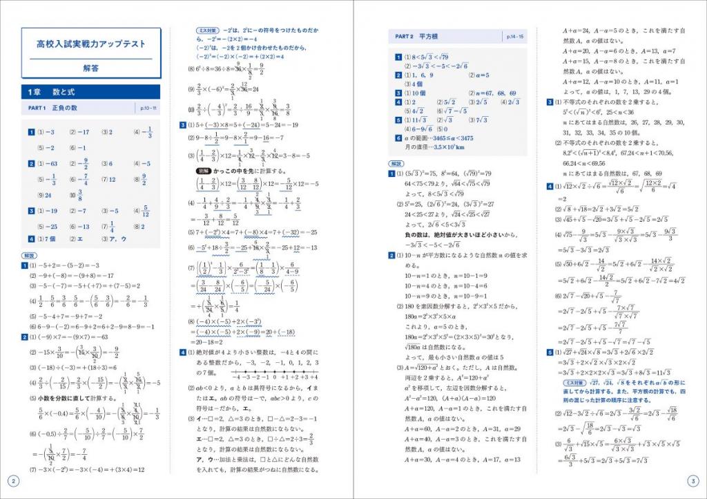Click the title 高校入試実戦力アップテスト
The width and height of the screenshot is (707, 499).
click(91, 44)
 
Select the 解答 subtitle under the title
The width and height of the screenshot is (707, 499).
click(91, 68)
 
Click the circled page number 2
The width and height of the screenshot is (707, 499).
click(12, 481)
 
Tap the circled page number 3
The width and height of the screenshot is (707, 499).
click(694, 481)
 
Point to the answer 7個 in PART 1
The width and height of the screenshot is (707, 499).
click(49, 239)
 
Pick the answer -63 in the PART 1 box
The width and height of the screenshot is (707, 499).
click(49, 164)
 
